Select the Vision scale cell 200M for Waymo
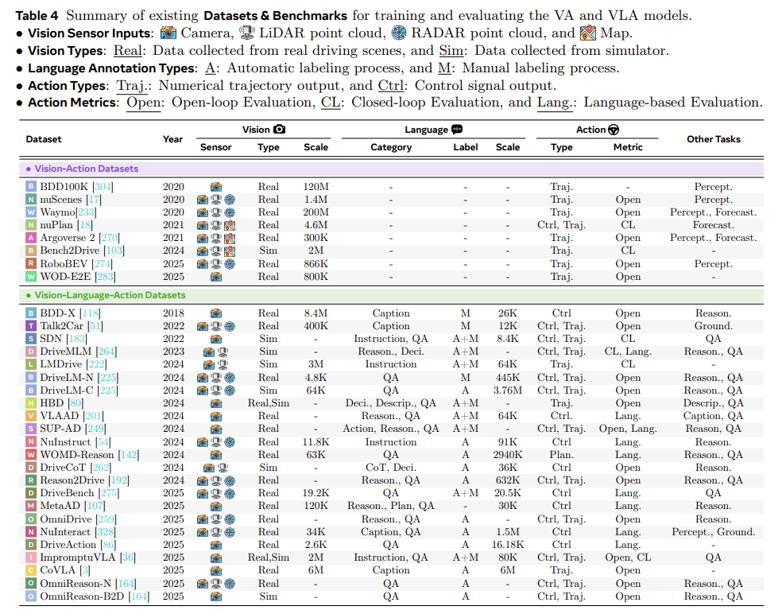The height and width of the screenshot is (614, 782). point(316,212)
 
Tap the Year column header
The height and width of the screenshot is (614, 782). point(172,138)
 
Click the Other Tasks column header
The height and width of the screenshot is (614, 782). point(713,138)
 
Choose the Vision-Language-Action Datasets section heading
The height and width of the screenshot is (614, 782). point(110,295)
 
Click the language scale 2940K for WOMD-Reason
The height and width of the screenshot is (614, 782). point(508,455)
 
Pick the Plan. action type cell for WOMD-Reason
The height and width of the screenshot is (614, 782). point(561,455)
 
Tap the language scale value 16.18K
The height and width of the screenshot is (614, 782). point(508,545)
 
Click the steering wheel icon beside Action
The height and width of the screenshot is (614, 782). point(614,130)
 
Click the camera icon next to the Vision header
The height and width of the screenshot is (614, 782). point(279,130)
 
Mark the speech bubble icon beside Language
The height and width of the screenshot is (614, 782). point(457,130)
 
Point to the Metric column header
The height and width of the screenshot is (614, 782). point(628,147)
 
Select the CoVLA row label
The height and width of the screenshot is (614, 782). point(61,570)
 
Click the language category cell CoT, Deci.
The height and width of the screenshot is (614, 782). point(391,468)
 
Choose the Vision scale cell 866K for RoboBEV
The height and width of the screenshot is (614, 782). point(316,264)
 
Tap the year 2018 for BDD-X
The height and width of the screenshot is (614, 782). point(172,313)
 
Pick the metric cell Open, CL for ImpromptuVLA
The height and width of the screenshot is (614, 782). point(628,558)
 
